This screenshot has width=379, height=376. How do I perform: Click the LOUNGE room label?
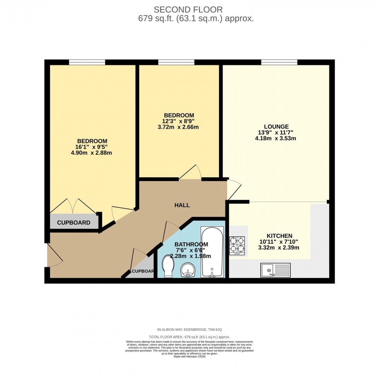tap(276, 126)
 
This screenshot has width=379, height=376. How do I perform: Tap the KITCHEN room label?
tap(279, 236)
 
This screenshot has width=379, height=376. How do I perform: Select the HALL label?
tap(182, 205)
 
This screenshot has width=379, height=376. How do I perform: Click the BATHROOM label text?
tap(191, 244)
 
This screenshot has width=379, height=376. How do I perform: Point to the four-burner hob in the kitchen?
tap(237, 245)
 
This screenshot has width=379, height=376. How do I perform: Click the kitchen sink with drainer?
tap(275, 270)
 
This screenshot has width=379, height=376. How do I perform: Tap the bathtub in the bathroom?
tap(212, 252)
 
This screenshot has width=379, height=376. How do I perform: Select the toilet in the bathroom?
tap(168, 267)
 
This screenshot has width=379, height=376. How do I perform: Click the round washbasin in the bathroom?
tap(188, 270)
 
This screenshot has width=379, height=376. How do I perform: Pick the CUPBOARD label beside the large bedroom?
tap(73, 223)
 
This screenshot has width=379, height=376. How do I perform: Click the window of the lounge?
tap(279, 62)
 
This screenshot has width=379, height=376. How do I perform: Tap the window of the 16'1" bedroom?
tap(87, 62)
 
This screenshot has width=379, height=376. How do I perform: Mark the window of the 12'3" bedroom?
tap(176, 62)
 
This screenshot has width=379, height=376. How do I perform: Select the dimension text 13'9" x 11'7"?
tap(276, 133)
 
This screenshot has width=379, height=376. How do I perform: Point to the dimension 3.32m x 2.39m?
tap(279, 248)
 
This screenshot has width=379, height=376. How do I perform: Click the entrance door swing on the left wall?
tap(54, 255)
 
